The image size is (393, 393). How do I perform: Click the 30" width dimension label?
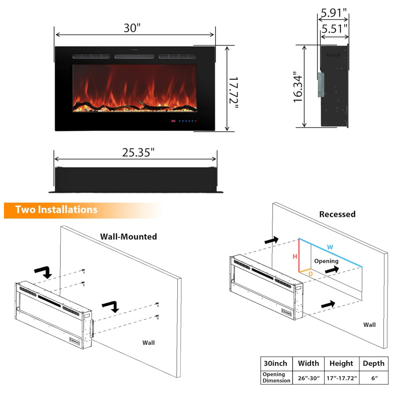pos(132,28)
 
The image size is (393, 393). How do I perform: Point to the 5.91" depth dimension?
pos(334,13)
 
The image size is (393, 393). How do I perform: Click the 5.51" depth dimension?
pos(334,29)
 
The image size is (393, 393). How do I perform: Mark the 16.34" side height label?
pos(298,87)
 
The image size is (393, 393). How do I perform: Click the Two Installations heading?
pos(57,210)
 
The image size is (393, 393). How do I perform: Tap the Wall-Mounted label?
pos(129,237)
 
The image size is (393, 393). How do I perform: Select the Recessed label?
pos(337,214)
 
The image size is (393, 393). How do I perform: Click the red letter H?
pos(294,257)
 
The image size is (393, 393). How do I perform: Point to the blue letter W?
pos(330,247)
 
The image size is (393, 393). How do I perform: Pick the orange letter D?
pos(310,273)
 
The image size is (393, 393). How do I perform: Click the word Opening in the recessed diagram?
pos(326,261)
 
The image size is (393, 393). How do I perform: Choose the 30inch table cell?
pos(275,364)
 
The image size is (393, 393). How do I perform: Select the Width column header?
pos(308,364)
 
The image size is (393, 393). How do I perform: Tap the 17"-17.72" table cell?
pos(341,378)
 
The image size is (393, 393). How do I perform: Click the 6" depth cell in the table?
pos(374,378)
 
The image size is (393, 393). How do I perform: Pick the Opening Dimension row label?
pos(276,378)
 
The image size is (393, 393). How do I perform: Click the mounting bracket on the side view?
pos(321,84)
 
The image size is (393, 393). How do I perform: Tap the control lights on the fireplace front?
pos(184,121)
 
